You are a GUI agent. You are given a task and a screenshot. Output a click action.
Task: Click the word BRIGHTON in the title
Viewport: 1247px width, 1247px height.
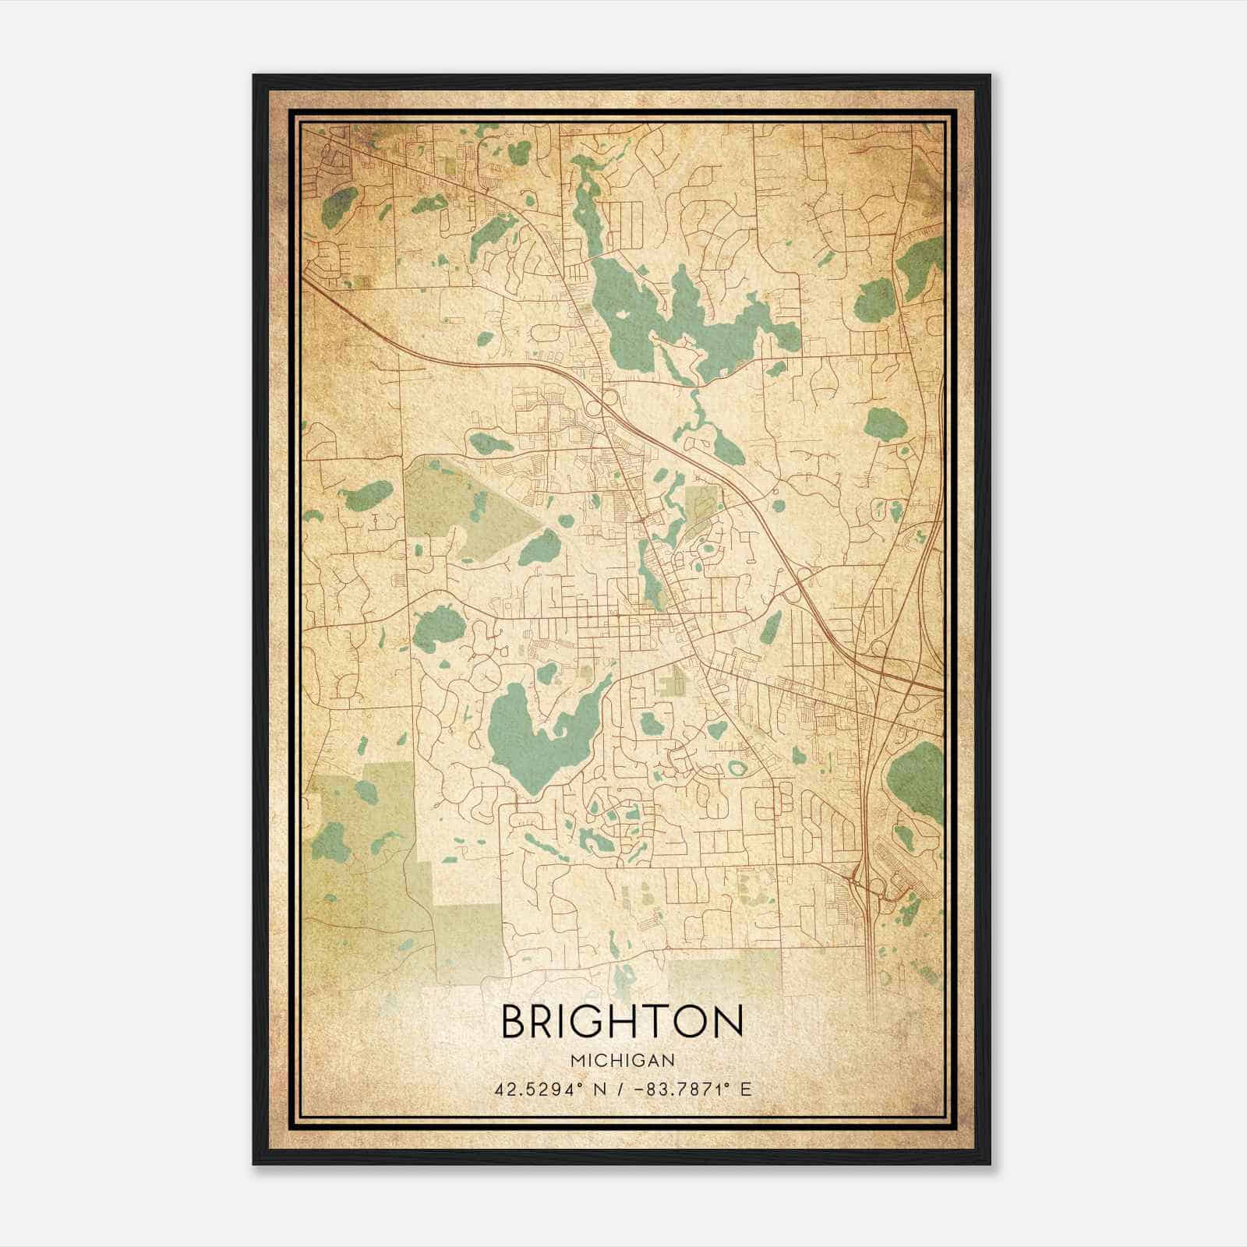coord(622,1022)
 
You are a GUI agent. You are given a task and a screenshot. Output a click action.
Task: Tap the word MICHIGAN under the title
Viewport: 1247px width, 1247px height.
coord(622,1060)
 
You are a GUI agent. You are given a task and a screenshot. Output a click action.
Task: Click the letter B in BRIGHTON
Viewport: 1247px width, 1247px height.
coord(516,1022)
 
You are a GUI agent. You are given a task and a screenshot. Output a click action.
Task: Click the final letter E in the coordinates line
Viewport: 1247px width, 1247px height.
coord(747,1089)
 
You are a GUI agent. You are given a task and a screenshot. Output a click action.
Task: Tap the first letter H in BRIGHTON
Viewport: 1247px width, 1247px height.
coord(629,1022)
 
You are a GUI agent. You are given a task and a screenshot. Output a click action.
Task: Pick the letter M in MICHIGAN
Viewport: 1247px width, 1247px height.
coord(576,1060)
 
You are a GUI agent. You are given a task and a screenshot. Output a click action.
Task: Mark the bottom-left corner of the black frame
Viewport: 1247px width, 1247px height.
coord(254,1164)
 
